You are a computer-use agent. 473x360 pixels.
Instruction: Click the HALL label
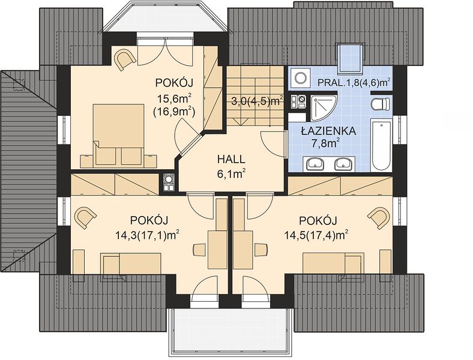(231, 159)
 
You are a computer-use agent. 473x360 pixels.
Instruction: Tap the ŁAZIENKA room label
(328, 131)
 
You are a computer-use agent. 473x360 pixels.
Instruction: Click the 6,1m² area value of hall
(231, 173)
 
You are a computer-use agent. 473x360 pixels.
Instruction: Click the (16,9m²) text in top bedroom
(174, 112)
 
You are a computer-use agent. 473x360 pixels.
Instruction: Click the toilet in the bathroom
(381, 104)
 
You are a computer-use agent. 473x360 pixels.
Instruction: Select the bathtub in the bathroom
(382, 145)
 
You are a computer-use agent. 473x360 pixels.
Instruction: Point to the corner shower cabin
(324, 108)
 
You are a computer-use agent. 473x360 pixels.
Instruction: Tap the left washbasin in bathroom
(316, 164)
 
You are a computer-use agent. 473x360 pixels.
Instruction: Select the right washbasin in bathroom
(343, 164)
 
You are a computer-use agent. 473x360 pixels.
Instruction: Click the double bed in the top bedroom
(118, 135)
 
